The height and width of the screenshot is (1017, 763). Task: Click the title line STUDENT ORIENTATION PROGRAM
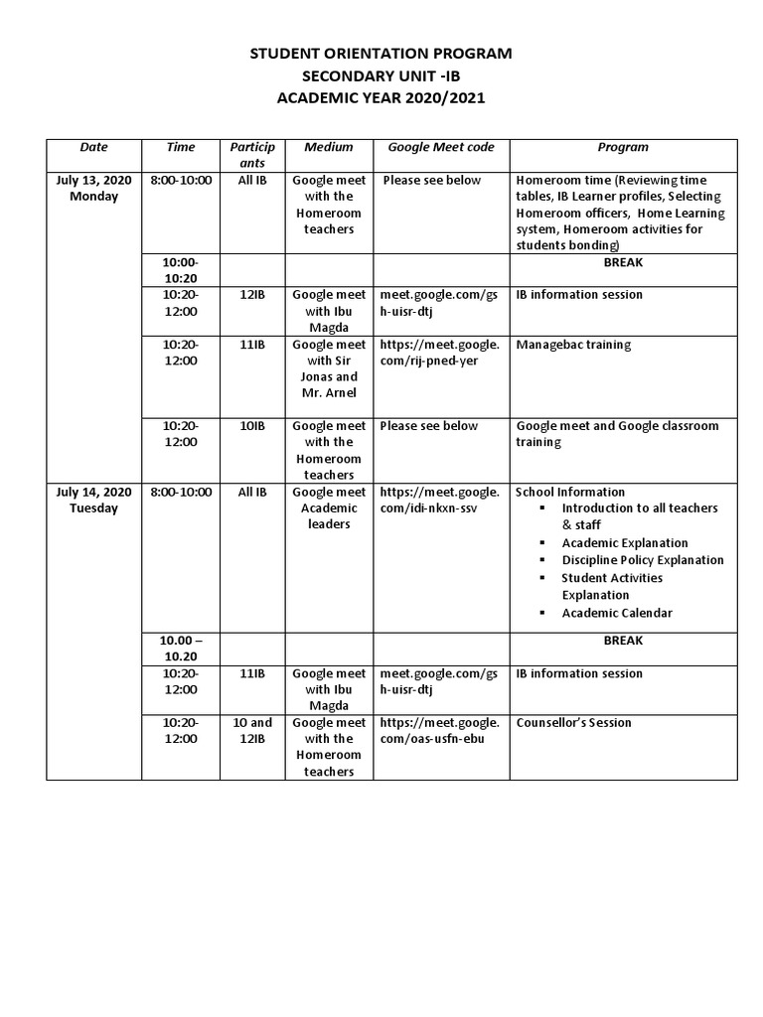tap(381, 54)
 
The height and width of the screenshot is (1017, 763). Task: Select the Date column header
tap(93, 147)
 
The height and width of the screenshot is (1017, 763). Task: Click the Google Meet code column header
tap(440, 147)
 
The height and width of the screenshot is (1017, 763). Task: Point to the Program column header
tap(623, 147)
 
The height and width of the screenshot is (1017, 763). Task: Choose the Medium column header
tap(329, 147)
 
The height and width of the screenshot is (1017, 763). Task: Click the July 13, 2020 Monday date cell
tap(93, 188)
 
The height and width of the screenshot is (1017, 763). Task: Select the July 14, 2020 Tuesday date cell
tap(93, 500)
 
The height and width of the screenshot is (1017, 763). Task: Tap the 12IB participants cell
tap(252, 295)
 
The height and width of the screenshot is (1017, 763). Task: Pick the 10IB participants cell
tap(252, 426)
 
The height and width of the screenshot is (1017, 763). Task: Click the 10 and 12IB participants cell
tap(252, 731)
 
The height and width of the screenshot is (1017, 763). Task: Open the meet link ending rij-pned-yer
tap(440, 353)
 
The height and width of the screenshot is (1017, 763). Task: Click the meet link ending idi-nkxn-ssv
tap(440, 500)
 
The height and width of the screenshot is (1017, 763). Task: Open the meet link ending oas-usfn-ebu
tap(440, 731)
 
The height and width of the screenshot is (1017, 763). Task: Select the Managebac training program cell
tap(573, 345)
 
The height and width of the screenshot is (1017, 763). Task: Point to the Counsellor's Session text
tap(573, 723)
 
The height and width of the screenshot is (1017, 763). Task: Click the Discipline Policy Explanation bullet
tap(642, 560)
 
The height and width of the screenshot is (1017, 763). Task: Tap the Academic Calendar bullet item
tap(616, 613)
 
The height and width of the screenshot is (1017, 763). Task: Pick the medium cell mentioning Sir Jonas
tap(329, 369)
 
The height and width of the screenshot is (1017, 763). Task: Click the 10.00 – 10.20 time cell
tap(181, 649)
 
